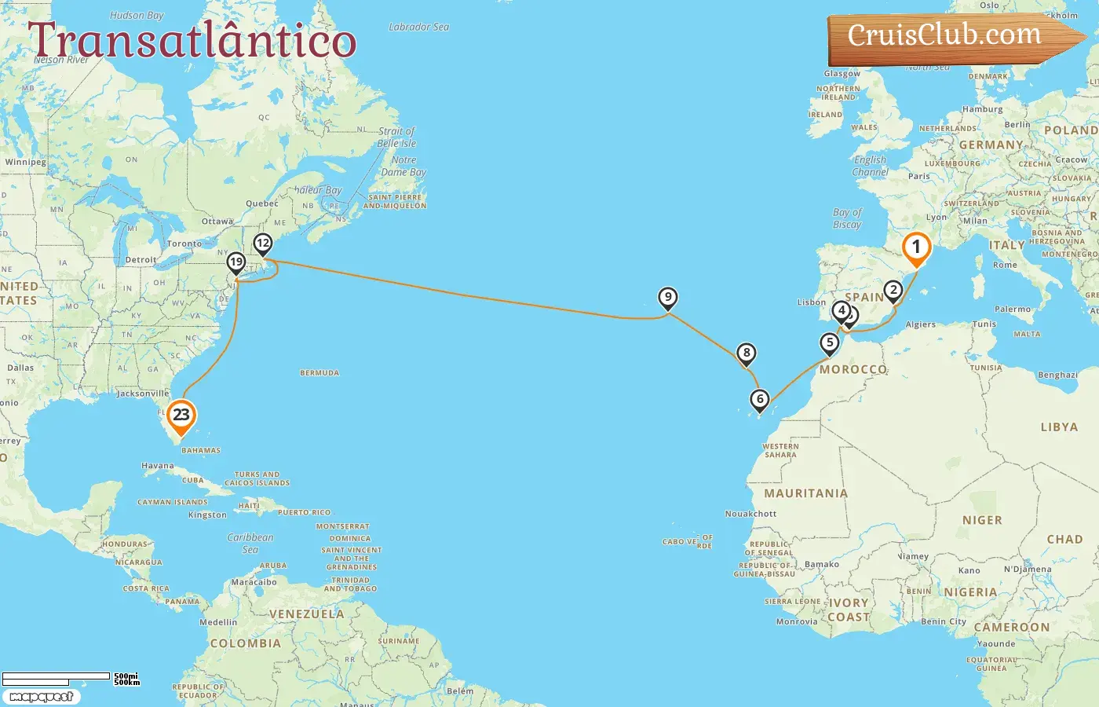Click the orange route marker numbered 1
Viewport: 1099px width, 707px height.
[x=916, y=247]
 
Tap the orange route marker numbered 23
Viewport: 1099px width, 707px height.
[x=181, y=416]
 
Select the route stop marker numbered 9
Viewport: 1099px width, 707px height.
[x=667, y=297]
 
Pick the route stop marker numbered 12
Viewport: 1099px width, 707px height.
[x=263, y=244]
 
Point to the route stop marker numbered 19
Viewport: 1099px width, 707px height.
[x=236, y=262]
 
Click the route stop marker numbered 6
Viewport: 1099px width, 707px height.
[x=760, y=399]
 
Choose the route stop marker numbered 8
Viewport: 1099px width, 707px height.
[x=747, y=353]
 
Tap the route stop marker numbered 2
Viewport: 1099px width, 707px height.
[x=893, y=291]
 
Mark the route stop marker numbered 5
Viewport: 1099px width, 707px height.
[x=830, y=343]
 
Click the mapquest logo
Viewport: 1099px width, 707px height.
[x=42, y=697]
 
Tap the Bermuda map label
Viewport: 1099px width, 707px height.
[x=319, y=373]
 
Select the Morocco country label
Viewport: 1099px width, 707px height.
[x=853, y=369]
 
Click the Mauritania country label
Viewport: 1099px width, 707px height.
[x=806, y=493]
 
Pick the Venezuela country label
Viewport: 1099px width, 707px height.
[x=307, y=614]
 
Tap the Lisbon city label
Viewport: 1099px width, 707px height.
[x=812, y=302]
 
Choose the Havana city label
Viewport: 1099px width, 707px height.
[x=158, y=466]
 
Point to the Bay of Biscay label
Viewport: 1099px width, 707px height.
[x=847, y=218]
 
